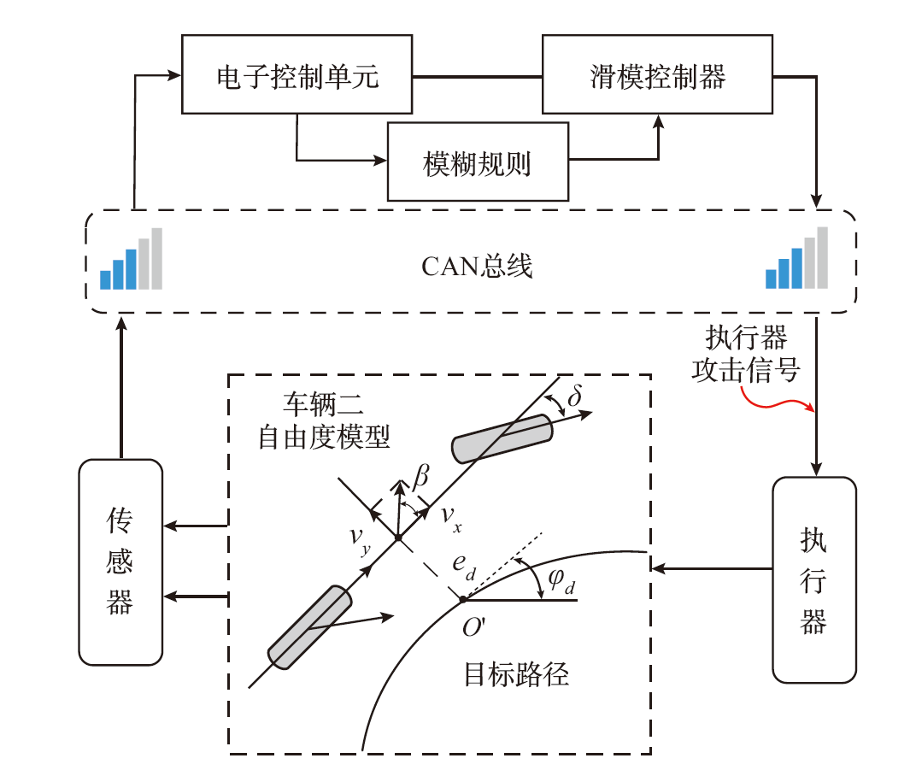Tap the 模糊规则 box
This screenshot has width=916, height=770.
click(x=478, y=162)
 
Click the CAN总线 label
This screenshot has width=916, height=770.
click(x=477, y=267)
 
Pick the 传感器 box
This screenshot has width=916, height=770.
click(x=120, y=561)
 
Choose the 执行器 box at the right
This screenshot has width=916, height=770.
click(x=813, y=579)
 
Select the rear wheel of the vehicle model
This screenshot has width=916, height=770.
click(x=309, y=627)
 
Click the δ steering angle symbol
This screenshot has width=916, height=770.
click(x=574, y=397)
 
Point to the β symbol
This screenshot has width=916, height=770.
click(x=420, y=479)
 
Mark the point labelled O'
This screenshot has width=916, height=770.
click(x=462, y=599)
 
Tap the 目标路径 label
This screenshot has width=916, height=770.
click(x=516, y=674)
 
